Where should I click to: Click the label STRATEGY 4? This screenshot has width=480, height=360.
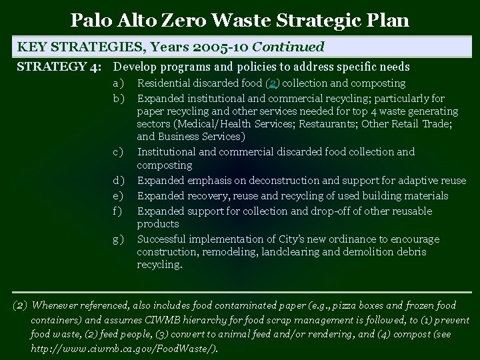point(59,67)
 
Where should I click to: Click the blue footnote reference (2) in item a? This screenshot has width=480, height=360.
point(272,83)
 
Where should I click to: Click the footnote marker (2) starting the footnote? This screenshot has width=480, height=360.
point(20,306)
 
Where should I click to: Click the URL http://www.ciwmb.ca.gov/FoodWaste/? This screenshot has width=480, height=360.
point(124,349)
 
